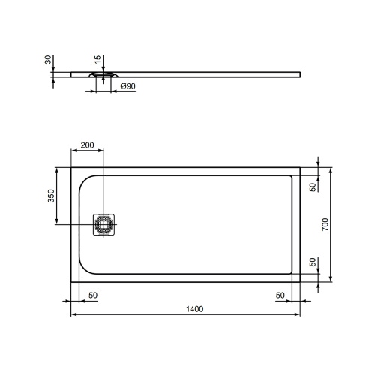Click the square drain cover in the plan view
(102, 224)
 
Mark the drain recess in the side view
(102, 74)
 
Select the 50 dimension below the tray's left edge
(92, 295)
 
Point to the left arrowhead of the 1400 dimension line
(73, 314)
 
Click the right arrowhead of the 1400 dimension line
(298, 314)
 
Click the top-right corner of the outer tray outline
(299, 167)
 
